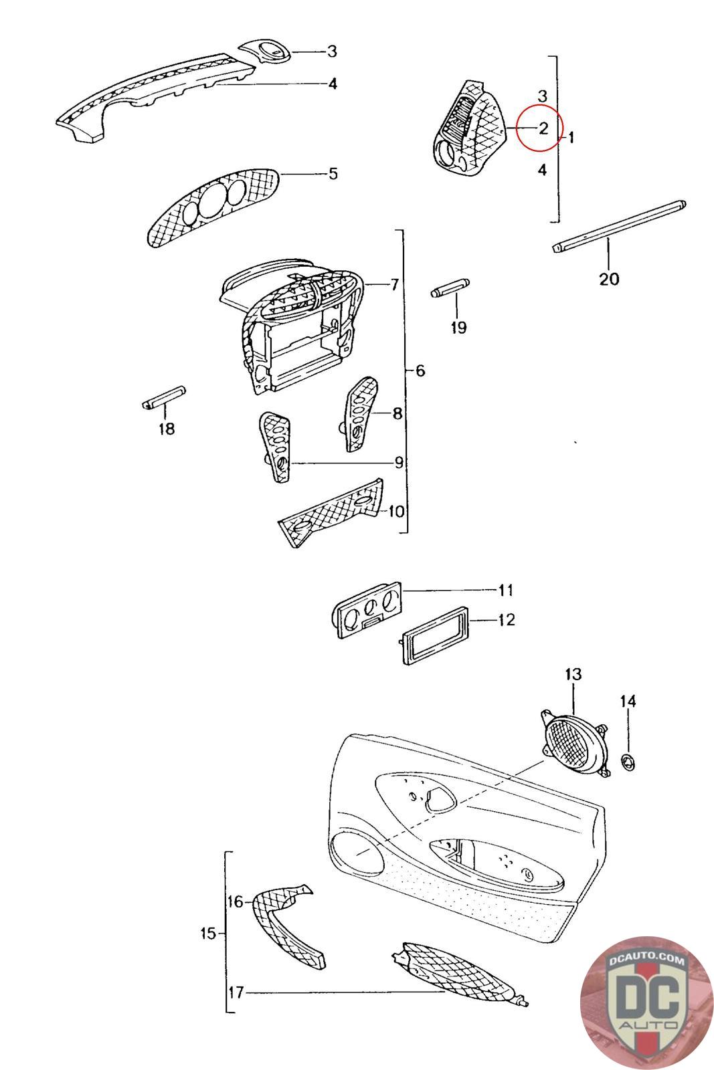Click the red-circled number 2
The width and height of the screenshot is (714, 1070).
click(543, 128)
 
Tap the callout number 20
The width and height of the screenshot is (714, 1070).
click(609, 278)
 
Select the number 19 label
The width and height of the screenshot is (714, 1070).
click(458, 327)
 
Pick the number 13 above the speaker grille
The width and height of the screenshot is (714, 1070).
click(573, 674)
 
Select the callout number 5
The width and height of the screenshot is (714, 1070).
click(333, 174)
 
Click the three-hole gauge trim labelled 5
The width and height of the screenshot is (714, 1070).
click(212, 207)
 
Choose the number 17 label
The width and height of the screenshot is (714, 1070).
click(235, 993)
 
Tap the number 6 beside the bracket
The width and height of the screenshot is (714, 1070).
click(420, 370)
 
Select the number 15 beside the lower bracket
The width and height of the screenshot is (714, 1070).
click(208, 933)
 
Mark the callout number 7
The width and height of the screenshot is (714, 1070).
click(394, 285)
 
